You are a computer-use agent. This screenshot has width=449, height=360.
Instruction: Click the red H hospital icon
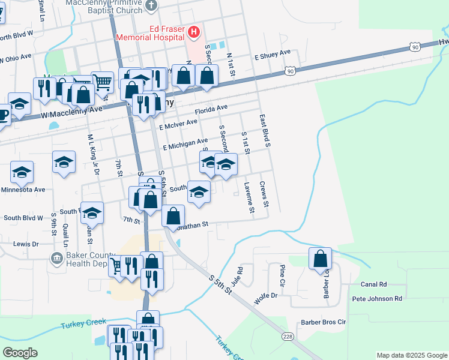(x=194, y=31)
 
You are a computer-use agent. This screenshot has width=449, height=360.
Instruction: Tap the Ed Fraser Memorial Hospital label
(x=151, y=32)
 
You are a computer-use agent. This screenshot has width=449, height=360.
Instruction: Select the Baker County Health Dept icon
(x=56, y=258)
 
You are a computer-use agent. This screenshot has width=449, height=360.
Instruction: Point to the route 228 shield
(x=289, y=337)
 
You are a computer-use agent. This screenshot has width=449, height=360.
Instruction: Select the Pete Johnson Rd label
(x=377, y=298)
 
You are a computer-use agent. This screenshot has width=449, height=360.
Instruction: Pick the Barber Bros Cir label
(x=324, y=322)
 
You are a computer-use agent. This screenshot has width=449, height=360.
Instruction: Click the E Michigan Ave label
(x=185, y=143)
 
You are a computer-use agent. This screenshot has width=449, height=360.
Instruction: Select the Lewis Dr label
(x=26, y=244)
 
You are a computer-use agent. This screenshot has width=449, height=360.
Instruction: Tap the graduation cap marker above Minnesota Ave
(x=22, y=173)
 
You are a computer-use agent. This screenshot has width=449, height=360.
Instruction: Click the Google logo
(x=20, y=353)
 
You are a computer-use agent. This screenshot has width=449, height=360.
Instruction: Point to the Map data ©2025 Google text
(x=411, y=355)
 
